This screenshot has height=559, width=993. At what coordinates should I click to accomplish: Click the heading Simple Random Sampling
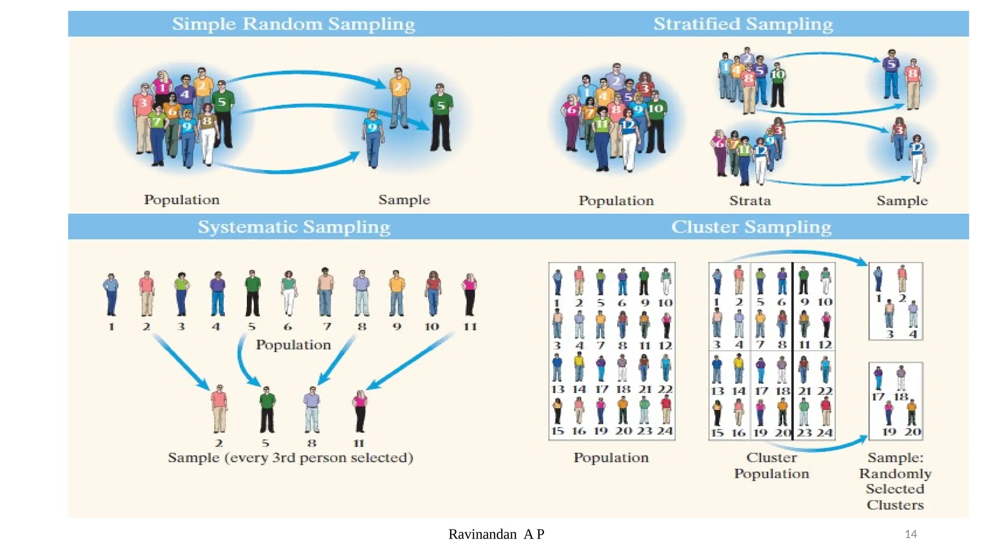point(293,24)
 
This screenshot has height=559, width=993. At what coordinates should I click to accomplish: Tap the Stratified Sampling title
point(743,24)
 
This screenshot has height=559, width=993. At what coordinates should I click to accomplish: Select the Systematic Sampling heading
point(294,227)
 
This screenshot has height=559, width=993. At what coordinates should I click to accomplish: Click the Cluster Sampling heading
point(751,227)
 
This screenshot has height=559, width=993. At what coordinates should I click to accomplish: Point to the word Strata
point(750,200)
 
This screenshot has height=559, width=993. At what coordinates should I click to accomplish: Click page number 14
point(911,534)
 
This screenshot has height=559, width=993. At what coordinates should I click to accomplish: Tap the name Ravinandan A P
point(496,534)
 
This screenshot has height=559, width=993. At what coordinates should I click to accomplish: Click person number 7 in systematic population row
point(325,293)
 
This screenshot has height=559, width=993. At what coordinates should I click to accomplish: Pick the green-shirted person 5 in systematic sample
point(267,410)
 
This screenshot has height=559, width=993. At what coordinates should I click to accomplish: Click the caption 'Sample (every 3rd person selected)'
point(290,458)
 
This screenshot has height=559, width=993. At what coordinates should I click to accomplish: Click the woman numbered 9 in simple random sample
point(373,138)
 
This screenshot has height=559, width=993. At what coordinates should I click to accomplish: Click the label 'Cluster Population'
point(771,465)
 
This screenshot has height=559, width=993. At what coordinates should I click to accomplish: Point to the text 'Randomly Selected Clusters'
point(895,489)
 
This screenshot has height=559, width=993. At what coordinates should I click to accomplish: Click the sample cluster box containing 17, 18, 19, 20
point(896,401)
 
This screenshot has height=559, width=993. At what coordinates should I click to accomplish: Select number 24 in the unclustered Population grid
point(665,431)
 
